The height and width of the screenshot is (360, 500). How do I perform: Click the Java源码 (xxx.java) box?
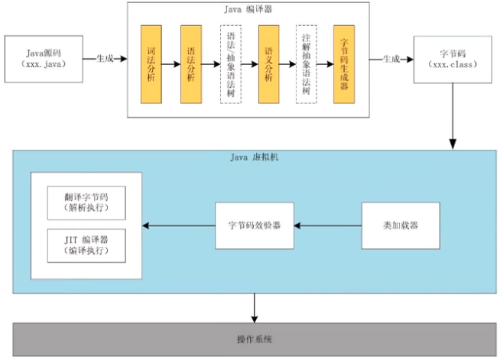pos(44,58)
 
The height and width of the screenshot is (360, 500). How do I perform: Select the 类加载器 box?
pos(400,225)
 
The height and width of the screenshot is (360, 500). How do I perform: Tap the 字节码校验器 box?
pos(255,225)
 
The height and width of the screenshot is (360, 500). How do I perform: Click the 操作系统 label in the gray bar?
pos(255,339)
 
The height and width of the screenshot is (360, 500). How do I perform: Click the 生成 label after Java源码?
pos(106,58)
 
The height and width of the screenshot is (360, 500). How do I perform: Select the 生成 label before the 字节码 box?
pos(390,58)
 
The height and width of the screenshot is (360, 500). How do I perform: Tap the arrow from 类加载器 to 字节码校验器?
pos(328,225)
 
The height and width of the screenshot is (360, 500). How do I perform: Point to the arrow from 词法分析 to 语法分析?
pos(170,64)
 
